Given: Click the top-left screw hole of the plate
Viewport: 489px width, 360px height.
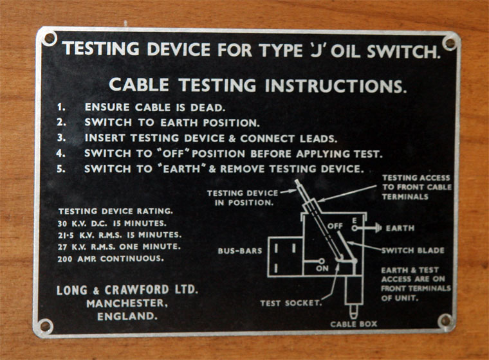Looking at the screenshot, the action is coord(50,39).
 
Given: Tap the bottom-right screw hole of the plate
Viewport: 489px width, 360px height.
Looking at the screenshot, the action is coord(445,320).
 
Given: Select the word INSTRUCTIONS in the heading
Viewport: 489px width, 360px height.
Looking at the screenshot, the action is coord(336,85).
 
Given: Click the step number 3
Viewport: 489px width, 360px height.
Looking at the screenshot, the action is coord(61,138).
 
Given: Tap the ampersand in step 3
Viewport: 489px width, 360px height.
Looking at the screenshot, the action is coord(232,138).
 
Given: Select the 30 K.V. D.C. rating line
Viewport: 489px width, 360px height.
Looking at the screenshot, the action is coord(112,224).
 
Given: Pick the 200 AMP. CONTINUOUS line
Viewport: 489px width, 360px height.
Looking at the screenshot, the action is coord(111,258).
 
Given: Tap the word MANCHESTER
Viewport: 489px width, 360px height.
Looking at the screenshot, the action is coord(127,303).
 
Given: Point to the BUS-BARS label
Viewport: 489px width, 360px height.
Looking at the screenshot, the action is coord(240,251).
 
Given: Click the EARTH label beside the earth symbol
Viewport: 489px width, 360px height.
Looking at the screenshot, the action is coord(400,228).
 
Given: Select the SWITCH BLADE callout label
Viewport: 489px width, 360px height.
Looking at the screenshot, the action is coord(413,250).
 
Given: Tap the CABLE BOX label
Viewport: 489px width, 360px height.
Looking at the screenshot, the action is coord(354,324).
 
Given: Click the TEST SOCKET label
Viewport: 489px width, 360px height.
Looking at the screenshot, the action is coord(291,303).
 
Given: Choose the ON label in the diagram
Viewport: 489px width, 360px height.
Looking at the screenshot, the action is coord(322,268).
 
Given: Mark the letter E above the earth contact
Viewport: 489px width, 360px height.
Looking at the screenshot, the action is coord(355,221).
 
